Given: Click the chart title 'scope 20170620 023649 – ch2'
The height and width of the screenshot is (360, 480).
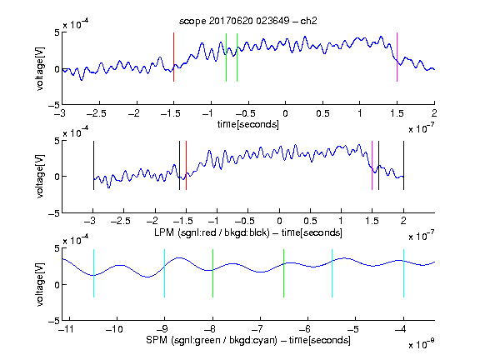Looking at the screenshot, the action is [x=248, y=21].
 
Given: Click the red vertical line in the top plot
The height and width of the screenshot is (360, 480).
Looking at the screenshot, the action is [x=173, y=57].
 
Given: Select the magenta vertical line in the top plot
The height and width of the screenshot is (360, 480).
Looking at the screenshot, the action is [x=397, y=57].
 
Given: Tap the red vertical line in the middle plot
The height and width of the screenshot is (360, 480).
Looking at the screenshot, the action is [x=186, y=165].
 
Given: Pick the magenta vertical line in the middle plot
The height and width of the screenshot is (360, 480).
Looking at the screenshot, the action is [x=372, y=165].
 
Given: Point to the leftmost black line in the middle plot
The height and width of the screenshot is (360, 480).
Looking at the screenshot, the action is [x=93, y=165].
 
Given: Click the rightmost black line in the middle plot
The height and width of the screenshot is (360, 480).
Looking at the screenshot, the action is [x=403, y=165].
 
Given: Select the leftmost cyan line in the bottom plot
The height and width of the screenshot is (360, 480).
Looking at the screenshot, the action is [x=93, y=273].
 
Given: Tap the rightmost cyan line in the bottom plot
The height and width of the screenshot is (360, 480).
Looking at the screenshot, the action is [x=403, y=273].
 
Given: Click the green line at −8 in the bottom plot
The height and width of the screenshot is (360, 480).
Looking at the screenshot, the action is [x=212, y=273].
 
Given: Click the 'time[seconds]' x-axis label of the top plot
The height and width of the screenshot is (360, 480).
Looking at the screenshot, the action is [x=248, y=124].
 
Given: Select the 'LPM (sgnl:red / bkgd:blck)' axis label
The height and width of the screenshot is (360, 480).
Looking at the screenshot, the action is [x=212, y=232].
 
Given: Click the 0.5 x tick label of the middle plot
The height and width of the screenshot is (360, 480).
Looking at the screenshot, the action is [x=310, y=221].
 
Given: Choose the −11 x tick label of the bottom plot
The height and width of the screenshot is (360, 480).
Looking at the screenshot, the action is [x=65, y=329].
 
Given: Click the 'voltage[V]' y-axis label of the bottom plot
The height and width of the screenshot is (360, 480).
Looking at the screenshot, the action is [x=40, y=285].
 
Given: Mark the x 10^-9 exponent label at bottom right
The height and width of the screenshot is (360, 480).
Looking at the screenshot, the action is [x=421, y=344].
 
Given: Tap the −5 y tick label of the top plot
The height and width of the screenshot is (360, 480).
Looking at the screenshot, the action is [x=54, y=106].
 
